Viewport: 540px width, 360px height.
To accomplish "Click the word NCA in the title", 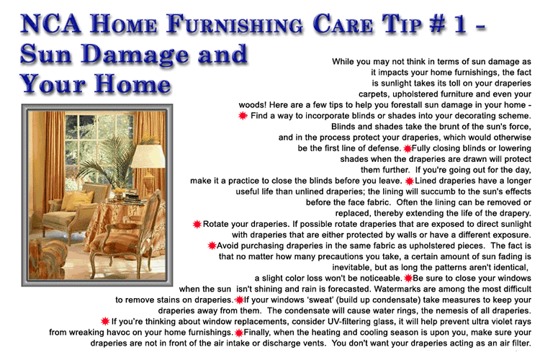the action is [x=50, y=24].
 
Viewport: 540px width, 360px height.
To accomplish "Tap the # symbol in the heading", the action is [x=438, y=24].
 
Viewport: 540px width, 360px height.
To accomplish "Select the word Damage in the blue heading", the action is [x=135, y=55].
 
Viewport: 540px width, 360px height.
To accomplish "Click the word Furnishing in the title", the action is [x=235, y=24].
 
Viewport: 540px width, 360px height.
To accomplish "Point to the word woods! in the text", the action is [x=253, y=104].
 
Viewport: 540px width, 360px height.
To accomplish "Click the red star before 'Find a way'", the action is [x=243, y=115].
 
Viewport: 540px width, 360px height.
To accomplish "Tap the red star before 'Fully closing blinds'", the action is [x=408, y=148].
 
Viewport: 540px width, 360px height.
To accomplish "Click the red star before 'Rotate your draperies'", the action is [x=197, y=224].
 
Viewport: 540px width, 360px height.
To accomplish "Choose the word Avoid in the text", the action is [x=227, y=246].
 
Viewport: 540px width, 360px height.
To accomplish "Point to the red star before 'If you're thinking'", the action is [x=105, y=321].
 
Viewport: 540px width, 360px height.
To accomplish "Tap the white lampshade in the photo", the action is [x=148, y=157].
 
